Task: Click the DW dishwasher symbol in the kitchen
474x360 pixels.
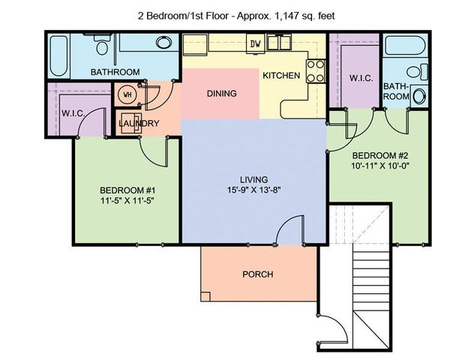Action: (256, 43)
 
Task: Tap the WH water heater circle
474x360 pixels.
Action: (127, 94)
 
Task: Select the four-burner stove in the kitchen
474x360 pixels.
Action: (316, 71)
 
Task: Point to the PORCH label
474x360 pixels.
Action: (257, 274)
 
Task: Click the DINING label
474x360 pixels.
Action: (221, 94)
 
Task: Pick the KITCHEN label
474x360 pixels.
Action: (281, 75)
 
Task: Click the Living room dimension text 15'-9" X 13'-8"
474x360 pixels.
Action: (254, 190)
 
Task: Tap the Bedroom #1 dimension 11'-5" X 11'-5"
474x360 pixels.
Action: (127, 201)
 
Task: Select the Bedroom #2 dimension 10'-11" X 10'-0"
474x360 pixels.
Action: (380, 166)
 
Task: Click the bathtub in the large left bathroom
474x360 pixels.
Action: (59, 56)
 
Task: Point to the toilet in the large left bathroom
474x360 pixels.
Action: (102, 43)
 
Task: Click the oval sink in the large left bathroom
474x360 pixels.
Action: (163, 42)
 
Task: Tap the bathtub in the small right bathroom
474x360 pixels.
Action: (406, 46)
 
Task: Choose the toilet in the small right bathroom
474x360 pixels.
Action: (418, 72)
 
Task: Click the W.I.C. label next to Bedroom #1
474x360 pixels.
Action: (73, 114)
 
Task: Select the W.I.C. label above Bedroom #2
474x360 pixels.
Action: (361, 78)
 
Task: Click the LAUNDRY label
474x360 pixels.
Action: (139, 123)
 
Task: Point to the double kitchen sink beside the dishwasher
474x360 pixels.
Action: (280, 42)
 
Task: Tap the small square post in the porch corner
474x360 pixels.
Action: (205, 296)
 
